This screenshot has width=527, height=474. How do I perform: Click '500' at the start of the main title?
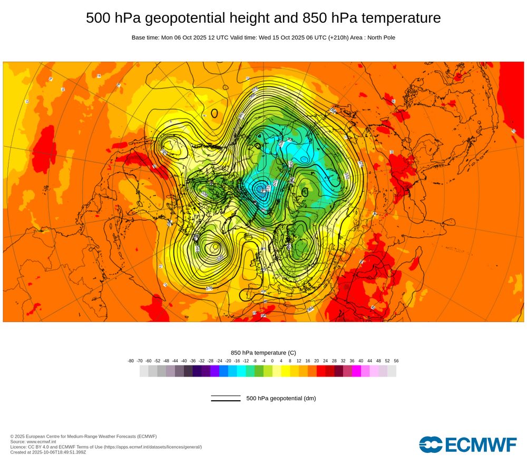click(x=99, y=18)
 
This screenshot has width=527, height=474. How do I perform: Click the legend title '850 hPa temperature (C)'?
click(x=263, y=352)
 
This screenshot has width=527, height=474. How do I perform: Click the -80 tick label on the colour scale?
click(x=131, y=361)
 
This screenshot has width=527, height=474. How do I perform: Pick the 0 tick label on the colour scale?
click(x=272, y=361)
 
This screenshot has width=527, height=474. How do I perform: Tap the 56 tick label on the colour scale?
click(x=396, y=361)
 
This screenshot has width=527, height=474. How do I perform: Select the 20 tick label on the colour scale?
click(x=317, y=361)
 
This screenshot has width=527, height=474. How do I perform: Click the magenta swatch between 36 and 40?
click(x=356, y=371)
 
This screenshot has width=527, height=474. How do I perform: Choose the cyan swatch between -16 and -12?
click(x=241, y=371)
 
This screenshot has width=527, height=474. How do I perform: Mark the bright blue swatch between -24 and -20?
click(x=223, y=371)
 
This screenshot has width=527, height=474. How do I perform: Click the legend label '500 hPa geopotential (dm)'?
click(x=281, y=398)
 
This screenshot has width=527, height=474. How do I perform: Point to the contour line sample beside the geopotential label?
click(x=226, y=398)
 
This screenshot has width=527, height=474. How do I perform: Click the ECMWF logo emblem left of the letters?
click(x=431, y=444)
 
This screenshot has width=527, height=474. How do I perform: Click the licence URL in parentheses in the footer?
click(x=153, y=447)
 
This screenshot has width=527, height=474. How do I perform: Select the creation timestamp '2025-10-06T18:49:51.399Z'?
click(x=60, y=452)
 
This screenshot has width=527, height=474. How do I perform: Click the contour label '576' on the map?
click(x=209, y=288)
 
